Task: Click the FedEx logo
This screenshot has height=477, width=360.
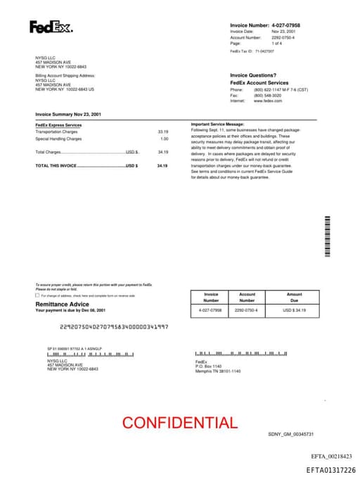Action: pyautogui.click(x=51, y=28)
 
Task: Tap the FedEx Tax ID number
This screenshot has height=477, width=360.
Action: pyautogui.click(x=264, y=51)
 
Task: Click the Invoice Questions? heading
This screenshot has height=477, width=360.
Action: pyautogui.click(x=253, y=75)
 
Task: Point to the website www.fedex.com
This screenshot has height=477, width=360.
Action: pyautogui.click(x=268, y=101)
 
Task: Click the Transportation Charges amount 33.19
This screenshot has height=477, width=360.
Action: pyautogui.click(x=163, y=132)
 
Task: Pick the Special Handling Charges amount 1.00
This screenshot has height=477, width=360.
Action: pyautogui.click(x=165, y=139)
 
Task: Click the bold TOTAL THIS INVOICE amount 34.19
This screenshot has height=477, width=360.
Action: pyautogui.click(x=162, y=165)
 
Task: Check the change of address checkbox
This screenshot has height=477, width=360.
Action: pyautogui.click(x=37, y=295)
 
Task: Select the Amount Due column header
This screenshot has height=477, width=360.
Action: pyautogui.click(x=295, y=297)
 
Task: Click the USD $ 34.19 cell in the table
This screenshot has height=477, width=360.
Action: pyautogui.click(x=295, y=310)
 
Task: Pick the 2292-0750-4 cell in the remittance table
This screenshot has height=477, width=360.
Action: pyautogui.click(x=246, y=310)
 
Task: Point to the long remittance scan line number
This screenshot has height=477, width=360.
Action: pyautogui.click(x=114, y=326)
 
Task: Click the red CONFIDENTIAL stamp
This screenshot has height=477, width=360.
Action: pyautogui.click(x=179, y=423)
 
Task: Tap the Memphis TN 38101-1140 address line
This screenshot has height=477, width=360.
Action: pyautogui.click(x=218, y=371)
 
